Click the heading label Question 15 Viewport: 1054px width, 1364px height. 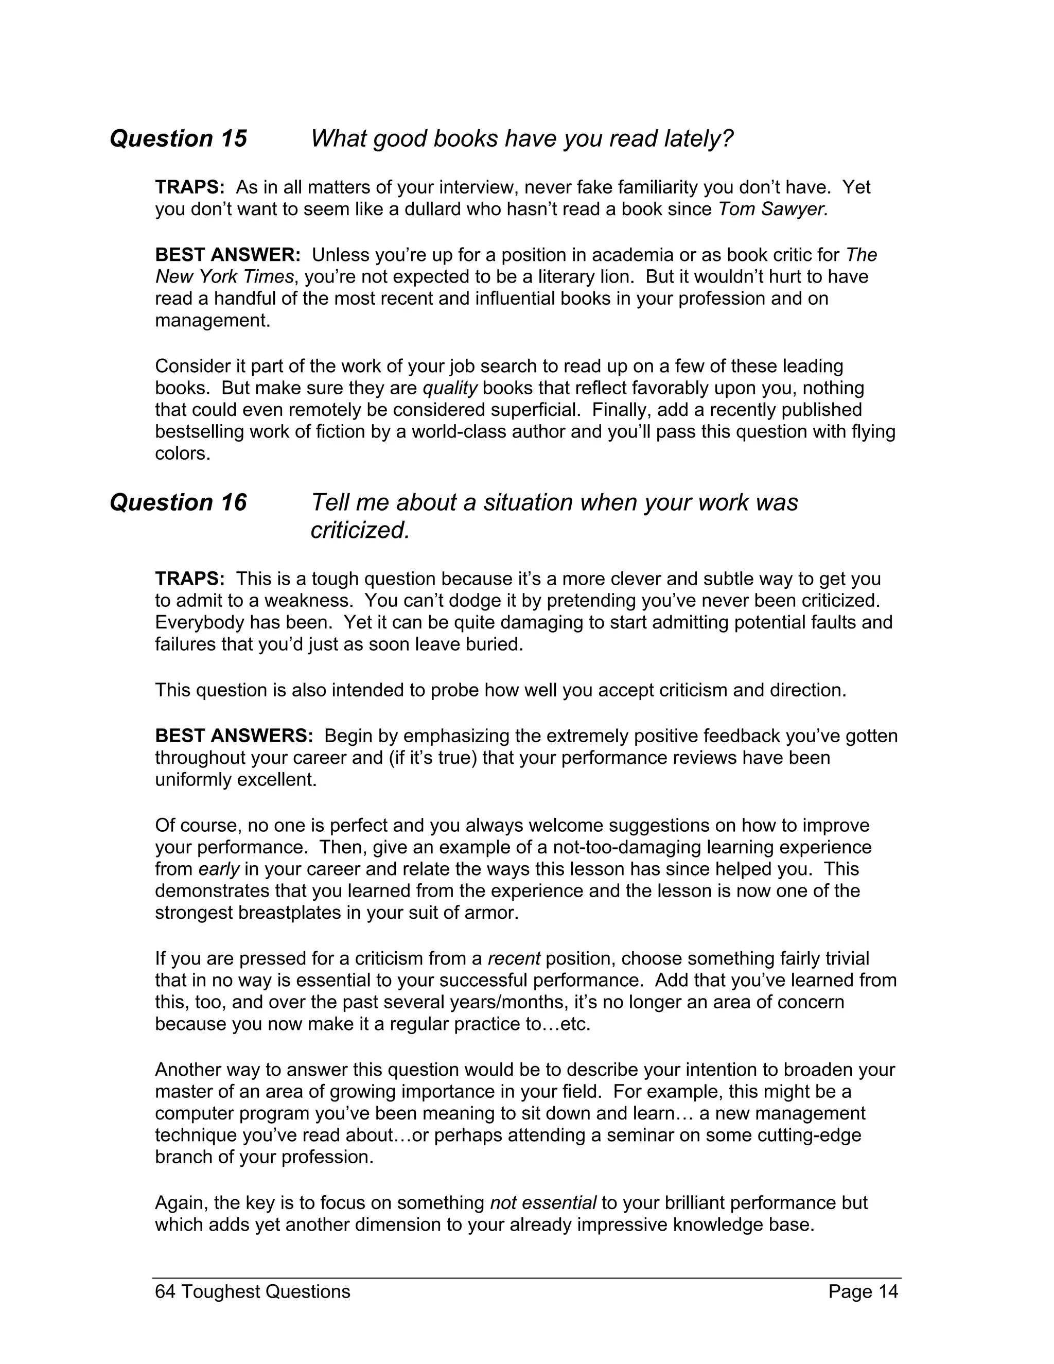[x=178, y=138]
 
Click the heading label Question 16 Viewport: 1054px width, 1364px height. [x=178, y=503]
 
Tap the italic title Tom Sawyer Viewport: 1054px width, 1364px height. [x=773, y=209]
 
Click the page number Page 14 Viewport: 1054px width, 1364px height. [x=863, y=1291]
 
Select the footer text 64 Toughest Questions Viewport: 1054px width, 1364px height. [x=252, y=1291]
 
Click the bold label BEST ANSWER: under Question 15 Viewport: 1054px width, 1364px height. [x=228, y=255]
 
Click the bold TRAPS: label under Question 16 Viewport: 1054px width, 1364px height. [x=190, y=579]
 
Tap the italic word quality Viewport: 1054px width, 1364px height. [x=450, y=388]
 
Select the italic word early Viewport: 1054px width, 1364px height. [x=219, y=869]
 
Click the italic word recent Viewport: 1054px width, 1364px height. [x=513, y=959]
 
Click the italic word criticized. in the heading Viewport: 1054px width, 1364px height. [x=360, y=530]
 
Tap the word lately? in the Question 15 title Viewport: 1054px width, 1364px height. [x=698, y=138]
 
